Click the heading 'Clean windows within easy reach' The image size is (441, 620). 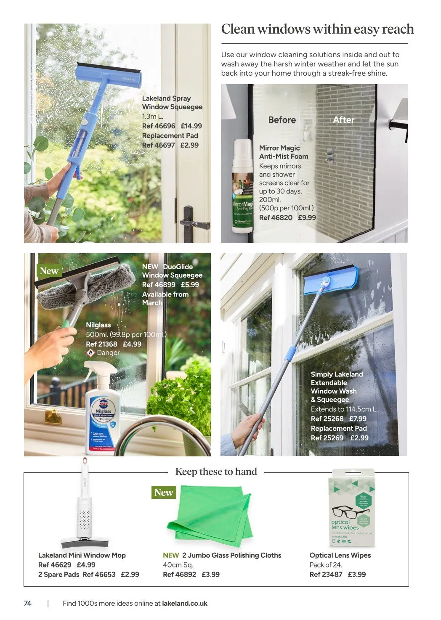[x=317, y=29]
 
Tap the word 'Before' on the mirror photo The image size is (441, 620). [x=282, y=120]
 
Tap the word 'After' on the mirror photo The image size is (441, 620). [x=343, y=120]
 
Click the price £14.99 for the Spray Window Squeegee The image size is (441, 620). [x=191, y=126]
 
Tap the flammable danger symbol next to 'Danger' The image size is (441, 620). [x=90, y=353]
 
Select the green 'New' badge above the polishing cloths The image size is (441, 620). [x=164, y=493]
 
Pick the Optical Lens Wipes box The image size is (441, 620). [x=351, y=508]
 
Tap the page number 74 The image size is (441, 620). [x=28, y=603]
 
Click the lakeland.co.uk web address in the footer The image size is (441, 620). [x=184, y=603]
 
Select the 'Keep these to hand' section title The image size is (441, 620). [x=216, y=472]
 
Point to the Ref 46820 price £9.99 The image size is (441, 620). [x=307, y=217]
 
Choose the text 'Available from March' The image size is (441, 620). [x=165, y=299]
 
